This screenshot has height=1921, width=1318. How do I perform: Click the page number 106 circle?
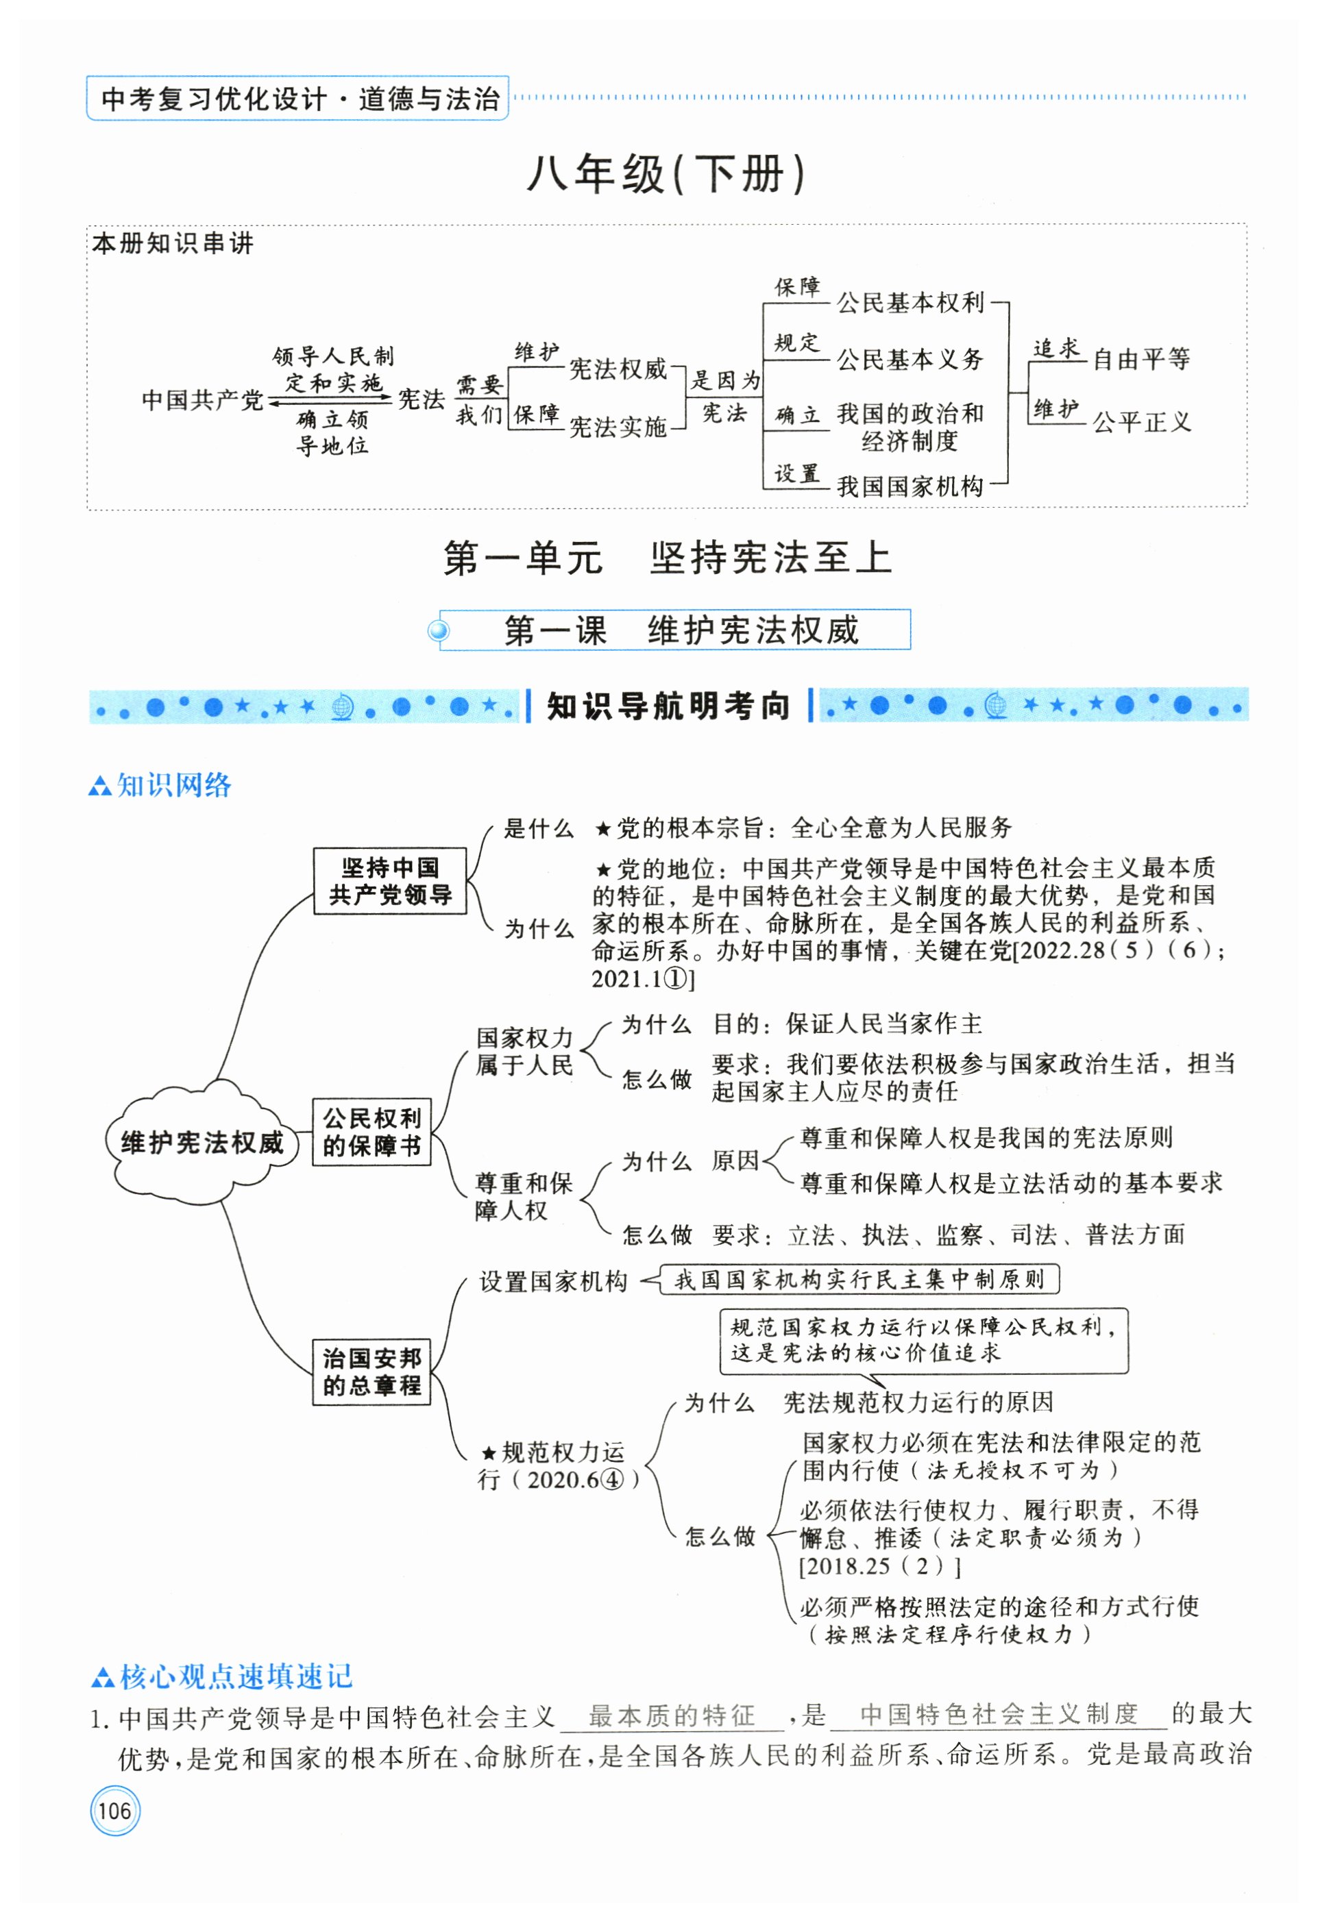pos(115,1810)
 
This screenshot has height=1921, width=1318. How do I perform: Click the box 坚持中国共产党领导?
pos(389,881)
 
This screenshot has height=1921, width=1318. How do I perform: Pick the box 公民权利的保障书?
pos(371,1132)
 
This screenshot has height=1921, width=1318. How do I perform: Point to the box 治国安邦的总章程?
pos(371,1372)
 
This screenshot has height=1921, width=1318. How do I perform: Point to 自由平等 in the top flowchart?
pos(1141,360)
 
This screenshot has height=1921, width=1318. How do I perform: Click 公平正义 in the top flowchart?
pos(1141,423)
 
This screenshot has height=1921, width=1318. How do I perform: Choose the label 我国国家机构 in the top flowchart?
pos(910,486)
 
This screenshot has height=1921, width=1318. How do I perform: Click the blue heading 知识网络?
pos(173,785)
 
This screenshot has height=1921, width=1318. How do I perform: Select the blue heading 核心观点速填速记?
pos(236,1676)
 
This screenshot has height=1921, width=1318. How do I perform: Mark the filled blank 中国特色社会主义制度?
pos(998,1715)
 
